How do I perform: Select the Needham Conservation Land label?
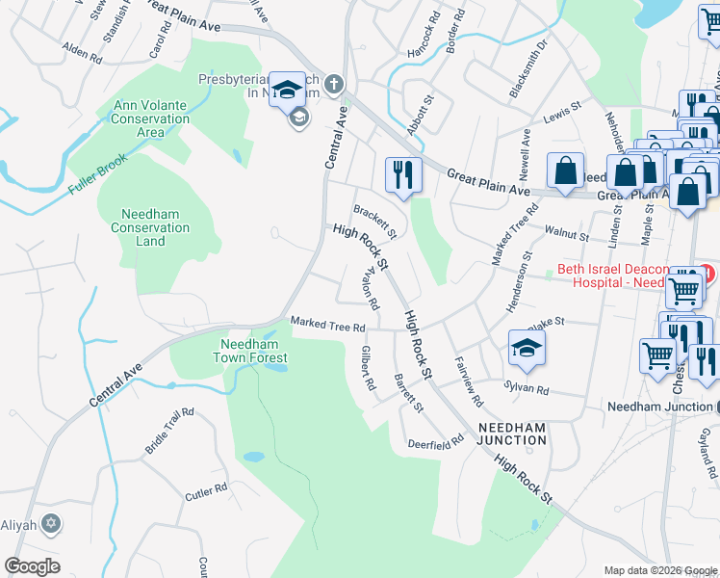coord(156,227)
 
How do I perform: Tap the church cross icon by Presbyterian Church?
coord(333,85)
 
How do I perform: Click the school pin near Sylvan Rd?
coord(527,349)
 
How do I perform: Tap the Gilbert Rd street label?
coord(367,367)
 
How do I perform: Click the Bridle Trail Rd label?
coord(169,431)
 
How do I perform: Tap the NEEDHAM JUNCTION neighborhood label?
coord(512,433)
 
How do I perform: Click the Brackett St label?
coord(374,221)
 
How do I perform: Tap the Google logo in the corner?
coord(32,565)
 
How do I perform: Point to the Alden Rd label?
coord(82,52)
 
